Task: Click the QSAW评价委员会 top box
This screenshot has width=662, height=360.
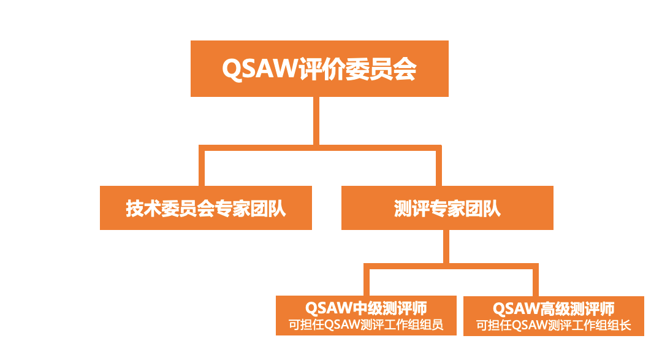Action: [x=319, y=69]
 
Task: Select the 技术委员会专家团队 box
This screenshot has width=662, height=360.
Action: [x=206, y=208]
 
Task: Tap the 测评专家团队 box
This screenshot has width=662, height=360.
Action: [x=447, y=208]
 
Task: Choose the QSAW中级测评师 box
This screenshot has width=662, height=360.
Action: [x=366, y=316]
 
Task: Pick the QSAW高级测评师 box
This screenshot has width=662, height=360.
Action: [x=554, y=316]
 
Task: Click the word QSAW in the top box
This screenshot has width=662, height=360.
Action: [x=260, y=69]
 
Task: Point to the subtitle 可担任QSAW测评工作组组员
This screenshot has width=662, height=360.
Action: [x=366, y=325]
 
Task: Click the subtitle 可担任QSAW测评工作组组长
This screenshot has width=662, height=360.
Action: [x=554, y=326]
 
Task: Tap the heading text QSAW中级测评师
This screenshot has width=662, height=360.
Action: [x=366, y=308]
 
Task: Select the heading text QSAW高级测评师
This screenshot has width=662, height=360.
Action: [x=554, y=309]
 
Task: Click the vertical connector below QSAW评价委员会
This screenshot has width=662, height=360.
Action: [x=316, y=121]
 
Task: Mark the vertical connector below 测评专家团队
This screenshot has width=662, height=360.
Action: [x=446, y=247]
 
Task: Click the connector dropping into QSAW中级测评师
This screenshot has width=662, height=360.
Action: [x=367, y=280]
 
